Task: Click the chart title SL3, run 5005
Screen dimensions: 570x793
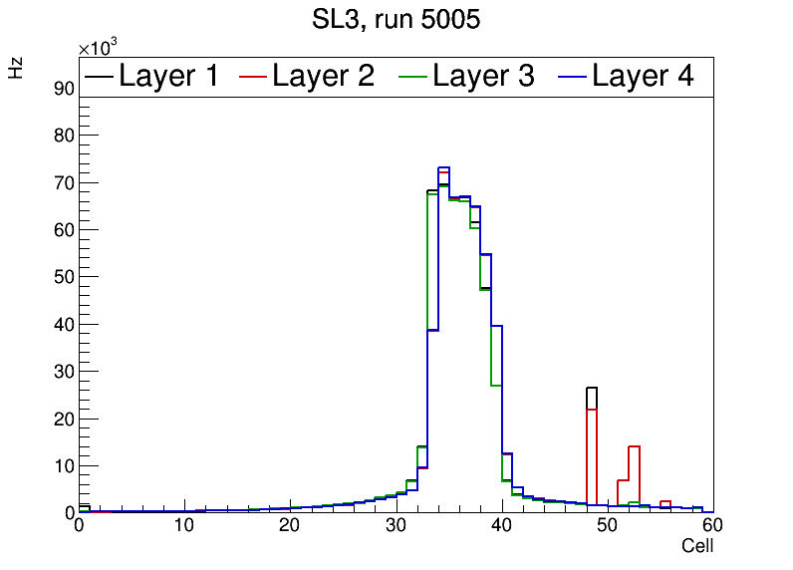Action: coord(396,19)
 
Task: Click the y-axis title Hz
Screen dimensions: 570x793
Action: coord(16,68)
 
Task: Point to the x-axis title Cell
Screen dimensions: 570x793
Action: coord(696,546)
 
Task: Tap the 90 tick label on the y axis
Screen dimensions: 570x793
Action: coord(65,88)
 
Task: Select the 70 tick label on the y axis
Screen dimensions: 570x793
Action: coord(65,182)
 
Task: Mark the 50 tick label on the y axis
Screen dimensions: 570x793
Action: coord(65,277)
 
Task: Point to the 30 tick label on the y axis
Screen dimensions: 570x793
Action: coord(65,372)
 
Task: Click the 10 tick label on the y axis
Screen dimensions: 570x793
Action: coord(65,465)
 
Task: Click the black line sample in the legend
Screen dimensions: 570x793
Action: coord(100,76)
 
